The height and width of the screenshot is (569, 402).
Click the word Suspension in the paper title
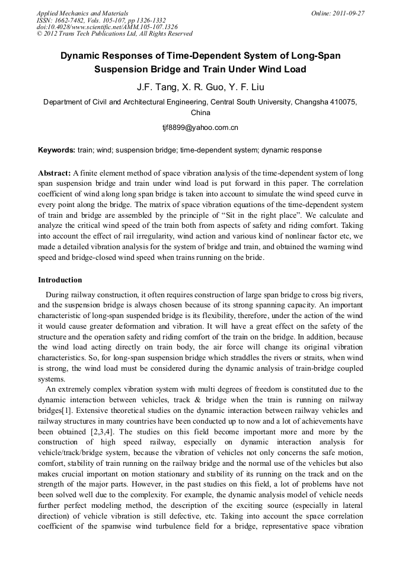[123, 69]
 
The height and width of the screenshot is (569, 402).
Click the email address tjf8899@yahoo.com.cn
[200, 127]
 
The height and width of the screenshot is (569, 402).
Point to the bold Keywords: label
[56, 150]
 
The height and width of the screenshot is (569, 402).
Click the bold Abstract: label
[55, 173]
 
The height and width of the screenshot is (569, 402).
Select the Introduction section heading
[60, 279]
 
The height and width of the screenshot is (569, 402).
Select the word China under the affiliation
[200, 112]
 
